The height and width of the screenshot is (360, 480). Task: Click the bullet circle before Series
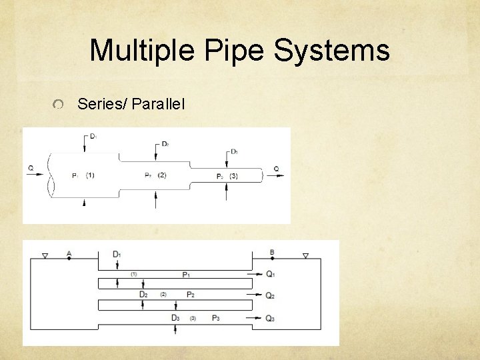[59, 104]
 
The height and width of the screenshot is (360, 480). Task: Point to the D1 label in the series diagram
[93, 136]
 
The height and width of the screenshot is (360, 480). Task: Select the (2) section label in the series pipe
[162, 175]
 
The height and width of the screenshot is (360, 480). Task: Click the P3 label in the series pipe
[220, 176]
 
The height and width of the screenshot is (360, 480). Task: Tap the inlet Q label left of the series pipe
[31, 169]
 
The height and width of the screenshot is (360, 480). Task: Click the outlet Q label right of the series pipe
[276, 169]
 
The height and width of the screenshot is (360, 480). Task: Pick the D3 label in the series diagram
[234, 152]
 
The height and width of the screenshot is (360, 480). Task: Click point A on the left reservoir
[69, 253]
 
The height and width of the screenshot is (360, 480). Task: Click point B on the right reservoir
[272, 253]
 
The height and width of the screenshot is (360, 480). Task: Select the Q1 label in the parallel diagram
[270, 274]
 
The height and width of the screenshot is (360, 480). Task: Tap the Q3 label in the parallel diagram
[270, 319]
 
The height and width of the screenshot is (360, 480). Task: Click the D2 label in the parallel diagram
[143, 295]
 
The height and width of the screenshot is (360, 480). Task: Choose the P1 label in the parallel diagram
[186, 274]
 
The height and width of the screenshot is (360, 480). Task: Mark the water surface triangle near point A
[45, 255]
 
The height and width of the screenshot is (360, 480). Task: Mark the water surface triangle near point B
[305, 255]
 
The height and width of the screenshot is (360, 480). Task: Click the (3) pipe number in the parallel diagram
[193, 318]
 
